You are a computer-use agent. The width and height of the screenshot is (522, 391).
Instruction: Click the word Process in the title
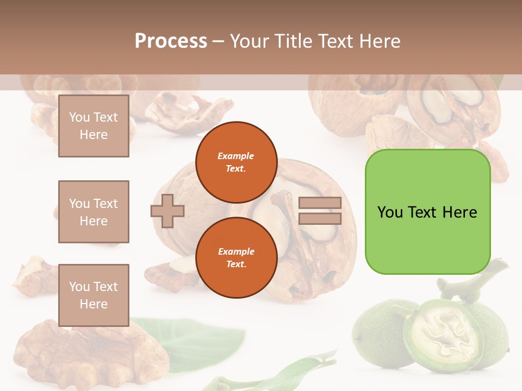click(171, 41)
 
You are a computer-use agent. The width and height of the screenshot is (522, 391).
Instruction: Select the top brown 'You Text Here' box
click(94, 126)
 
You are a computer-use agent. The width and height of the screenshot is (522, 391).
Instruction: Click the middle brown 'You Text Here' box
click(94, 212)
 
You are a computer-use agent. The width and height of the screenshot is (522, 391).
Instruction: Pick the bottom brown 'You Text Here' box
click(94, 295)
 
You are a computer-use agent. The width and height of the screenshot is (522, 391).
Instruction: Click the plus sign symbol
click(167, 211)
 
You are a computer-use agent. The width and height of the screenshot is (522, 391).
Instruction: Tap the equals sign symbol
click(320, 211)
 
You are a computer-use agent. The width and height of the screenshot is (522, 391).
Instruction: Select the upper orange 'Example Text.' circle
click(236, 162)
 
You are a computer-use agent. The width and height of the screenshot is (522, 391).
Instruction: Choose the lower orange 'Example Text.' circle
click(236, 258)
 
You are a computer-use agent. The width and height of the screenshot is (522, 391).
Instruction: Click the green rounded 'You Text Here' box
click(427, 212)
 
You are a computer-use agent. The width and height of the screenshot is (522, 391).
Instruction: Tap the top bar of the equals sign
click(320, 203)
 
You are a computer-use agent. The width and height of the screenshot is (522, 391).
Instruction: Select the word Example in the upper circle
click(236, 156)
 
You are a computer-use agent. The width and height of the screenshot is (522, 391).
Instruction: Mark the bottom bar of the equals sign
click(320, 218)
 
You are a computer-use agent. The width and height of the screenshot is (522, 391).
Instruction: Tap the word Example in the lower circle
click(236, 251)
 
